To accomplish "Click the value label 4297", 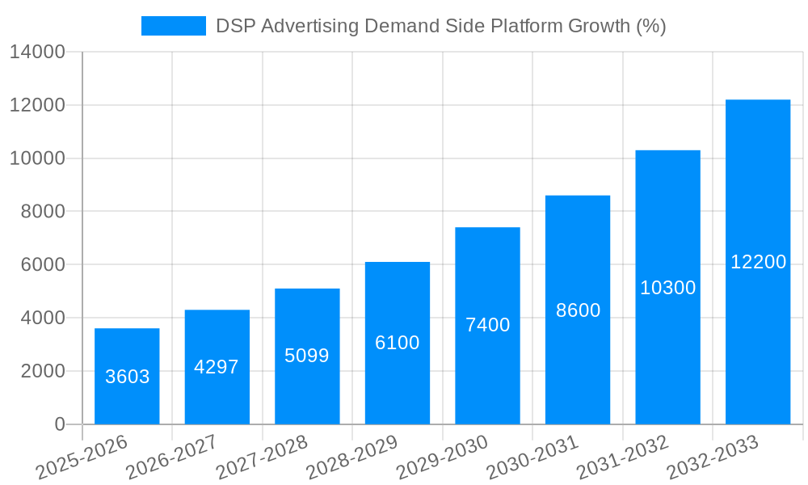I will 217,367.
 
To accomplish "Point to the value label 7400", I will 487,325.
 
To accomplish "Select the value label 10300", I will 667,288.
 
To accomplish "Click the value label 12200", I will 758,262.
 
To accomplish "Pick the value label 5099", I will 307,356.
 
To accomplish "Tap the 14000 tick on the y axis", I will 37,53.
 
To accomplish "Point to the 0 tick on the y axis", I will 59,424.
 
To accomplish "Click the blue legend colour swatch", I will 173,26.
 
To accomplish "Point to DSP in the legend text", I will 234,26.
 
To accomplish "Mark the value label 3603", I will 127,377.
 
